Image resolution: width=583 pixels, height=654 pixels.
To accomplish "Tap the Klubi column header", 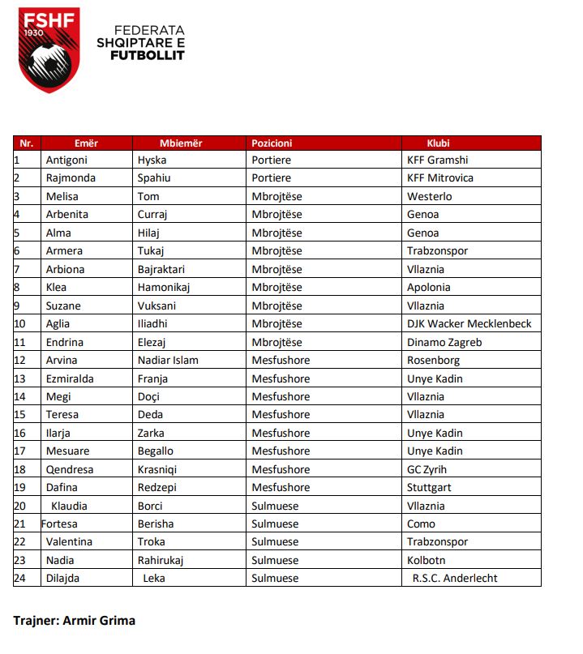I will pos(439,143).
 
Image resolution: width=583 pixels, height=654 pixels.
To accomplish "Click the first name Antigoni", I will pos(66,160).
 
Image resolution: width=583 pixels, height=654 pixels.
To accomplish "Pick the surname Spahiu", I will pos(154,178).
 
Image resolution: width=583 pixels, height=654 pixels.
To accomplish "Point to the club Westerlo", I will pos(430,196).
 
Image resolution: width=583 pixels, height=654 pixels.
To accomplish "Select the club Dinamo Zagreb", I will pos(444,342).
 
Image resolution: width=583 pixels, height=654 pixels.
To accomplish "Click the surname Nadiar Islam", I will pos(168,360).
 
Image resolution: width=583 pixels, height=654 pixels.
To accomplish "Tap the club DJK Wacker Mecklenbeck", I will pos(469,323).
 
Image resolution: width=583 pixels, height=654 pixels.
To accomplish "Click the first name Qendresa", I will pos(71,469).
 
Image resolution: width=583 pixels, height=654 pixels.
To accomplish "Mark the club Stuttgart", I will pos(429,487).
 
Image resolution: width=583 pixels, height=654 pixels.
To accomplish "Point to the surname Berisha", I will pos(156,524).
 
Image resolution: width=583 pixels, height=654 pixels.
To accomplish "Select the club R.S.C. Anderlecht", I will pos(455,578).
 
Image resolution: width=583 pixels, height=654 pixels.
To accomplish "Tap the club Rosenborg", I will pos(434,360).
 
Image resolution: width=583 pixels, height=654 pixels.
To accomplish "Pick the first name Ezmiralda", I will pos(71,378).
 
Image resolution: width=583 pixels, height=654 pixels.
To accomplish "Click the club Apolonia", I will pos(429,287).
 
